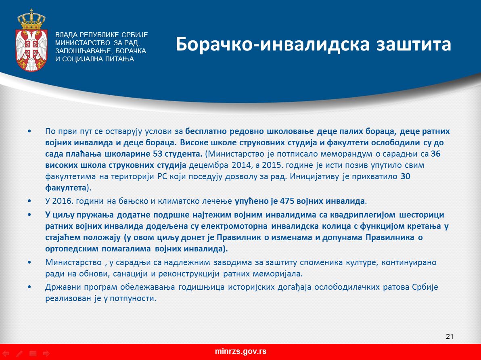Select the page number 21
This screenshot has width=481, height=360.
point(450,336)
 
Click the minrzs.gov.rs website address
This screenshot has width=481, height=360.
point(240,352)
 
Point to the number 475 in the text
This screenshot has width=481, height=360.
point(287,201)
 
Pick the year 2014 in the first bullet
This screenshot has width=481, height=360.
point(241,165)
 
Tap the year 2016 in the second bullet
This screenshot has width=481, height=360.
point(62,201)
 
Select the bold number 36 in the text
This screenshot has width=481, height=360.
point(435,154)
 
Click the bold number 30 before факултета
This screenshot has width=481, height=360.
point(406,176)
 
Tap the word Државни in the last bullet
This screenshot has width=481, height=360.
point(63,287)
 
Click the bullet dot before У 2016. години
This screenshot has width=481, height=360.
point(29,201)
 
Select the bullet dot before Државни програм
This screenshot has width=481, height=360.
point(29,287)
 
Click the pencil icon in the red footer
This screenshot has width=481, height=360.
point(19,354)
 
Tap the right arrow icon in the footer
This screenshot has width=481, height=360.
point(46,354)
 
